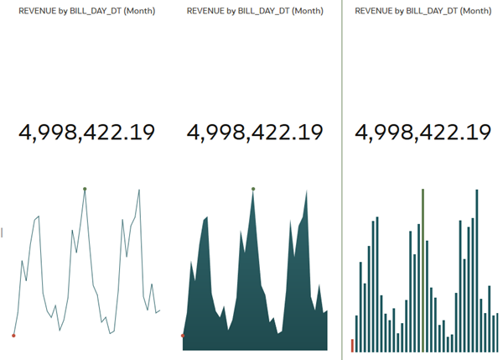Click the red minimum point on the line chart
click(x=13, y=336)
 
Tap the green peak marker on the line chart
click(x=85, y=189)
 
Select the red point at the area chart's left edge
click(x=183, y=336)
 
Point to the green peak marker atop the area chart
click(x=253, y=189)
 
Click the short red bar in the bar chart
click(x=352, y=345)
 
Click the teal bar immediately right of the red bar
click(x=357, y=333)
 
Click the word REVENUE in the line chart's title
click(x=37, y=12)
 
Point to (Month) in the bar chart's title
click(x=475, y=12)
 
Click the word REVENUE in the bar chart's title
click(x=374, y=12)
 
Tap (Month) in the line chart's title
click(x=138, y=12)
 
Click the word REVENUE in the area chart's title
click(x=205, y=12)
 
